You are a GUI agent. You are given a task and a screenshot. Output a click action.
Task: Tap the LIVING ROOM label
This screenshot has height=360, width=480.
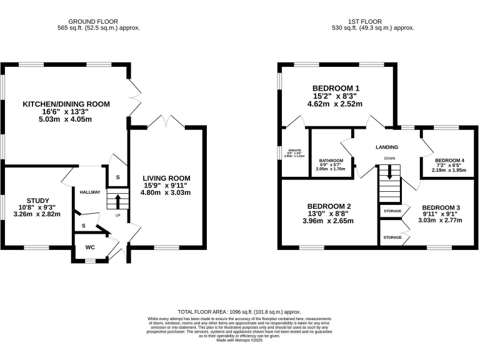pos(166,178)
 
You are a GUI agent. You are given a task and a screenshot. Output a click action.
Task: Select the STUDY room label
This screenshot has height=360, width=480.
pos(37,201)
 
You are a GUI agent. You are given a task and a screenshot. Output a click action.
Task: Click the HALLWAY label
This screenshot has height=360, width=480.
pos(89,192)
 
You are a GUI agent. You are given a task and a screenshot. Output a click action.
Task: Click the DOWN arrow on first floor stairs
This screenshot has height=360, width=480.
pos(389,172)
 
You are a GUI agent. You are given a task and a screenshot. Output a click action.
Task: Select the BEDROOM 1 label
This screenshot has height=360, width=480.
pos(337,88)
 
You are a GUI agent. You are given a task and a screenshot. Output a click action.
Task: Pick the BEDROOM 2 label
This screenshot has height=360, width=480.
pos(329,206)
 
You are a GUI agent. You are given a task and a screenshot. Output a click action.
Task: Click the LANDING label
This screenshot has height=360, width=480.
pos(387,147)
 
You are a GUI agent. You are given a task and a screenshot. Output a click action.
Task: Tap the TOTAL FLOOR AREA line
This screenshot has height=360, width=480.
pos(239,311)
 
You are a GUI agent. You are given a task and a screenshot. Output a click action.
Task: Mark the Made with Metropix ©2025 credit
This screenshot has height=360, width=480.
pos(239,341)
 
